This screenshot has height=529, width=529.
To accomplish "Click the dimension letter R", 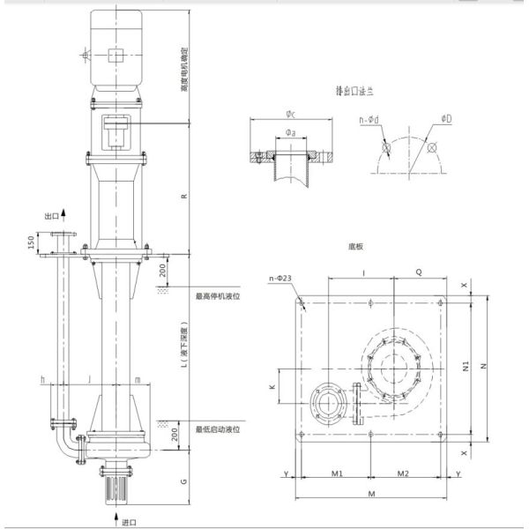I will (183, 196).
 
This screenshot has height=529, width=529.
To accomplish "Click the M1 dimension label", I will (337, 473).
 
